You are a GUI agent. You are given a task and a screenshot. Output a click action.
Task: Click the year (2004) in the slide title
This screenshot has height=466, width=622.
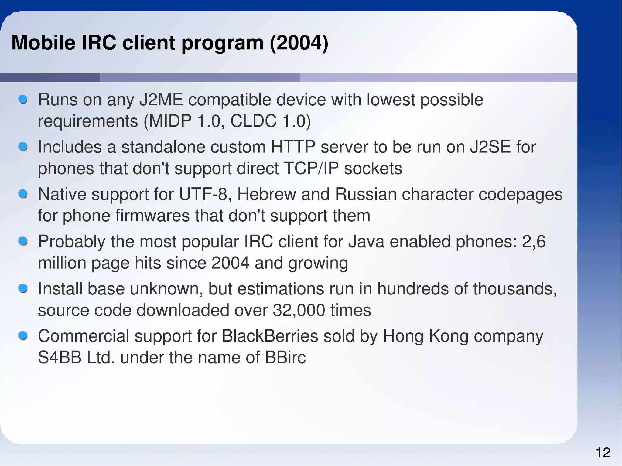click(x=299, y=43)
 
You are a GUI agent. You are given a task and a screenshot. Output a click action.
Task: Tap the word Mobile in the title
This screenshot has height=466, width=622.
click(x=43, y=43)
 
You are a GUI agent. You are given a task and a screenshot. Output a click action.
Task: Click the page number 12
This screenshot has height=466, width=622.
click(x=603, y=453)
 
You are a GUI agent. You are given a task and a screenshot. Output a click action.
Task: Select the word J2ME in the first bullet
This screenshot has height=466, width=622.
click(x=161, y=100)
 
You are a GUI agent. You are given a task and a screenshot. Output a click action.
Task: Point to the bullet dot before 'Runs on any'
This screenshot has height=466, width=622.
click(x=23, y=99)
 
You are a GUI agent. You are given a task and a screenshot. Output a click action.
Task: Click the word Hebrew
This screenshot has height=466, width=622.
click(x=266, y=194)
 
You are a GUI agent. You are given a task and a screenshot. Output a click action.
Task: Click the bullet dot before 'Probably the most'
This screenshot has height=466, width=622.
click(x=23, y=241)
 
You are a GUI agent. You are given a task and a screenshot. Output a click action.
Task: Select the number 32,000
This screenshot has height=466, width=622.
click(x=299, y=310)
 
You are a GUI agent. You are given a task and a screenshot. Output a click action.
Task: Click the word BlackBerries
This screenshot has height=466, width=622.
click(x=270, y=336)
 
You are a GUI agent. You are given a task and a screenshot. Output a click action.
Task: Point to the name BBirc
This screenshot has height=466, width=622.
click(x=285, y=358)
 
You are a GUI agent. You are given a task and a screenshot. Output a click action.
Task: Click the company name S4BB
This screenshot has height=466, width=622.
click(x=60, y=358)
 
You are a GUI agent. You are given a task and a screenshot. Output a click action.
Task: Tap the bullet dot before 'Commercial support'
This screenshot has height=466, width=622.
click(x=23, y=336)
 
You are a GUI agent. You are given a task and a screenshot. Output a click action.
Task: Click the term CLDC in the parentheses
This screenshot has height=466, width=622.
click(x=253, y=121)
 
